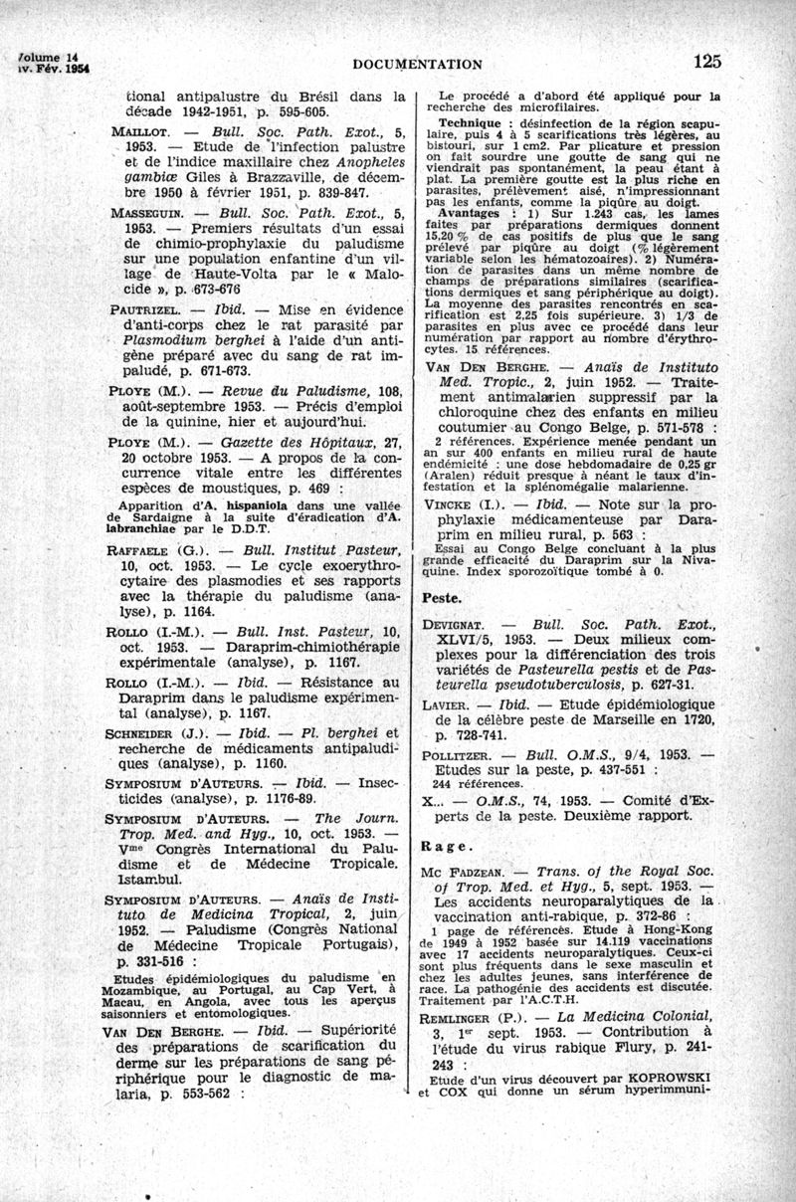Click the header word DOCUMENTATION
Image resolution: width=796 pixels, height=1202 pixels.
coord(418,65)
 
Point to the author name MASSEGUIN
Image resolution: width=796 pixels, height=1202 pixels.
coord(142,213)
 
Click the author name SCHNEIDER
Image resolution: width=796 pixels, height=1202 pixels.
coord(143,734)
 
